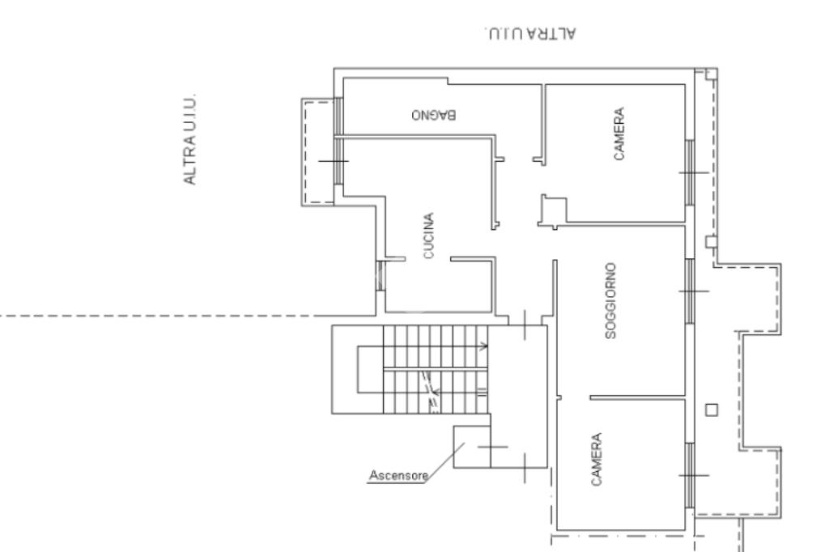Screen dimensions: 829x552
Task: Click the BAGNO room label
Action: (x=435, y=114)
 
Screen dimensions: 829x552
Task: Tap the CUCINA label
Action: (x=430, y=236)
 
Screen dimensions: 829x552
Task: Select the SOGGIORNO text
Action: (x=611, y=299)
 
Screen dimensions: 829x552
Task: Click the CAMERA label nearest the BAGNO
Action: (x=619, y=134)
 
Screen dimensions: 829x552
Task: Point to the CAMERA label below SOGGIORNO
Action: (x=596, y=459)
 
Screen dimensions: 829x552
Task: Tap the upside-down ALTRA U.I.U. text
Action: (x=531, y=33)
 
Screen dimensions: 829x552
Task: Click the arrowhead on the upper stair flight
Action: (x=484, y=346)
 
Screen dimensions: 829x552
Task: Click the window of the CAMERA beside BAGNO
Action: (x=691, y=171)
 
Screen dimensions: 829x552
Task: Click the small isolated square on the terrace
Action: (x=712, y=409)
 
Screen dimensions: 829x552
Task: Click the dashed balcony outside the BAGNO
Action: (x=317, y=152)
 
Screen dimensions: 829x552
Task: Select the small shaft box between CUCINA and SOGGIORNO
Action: (x=553, y=209)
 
